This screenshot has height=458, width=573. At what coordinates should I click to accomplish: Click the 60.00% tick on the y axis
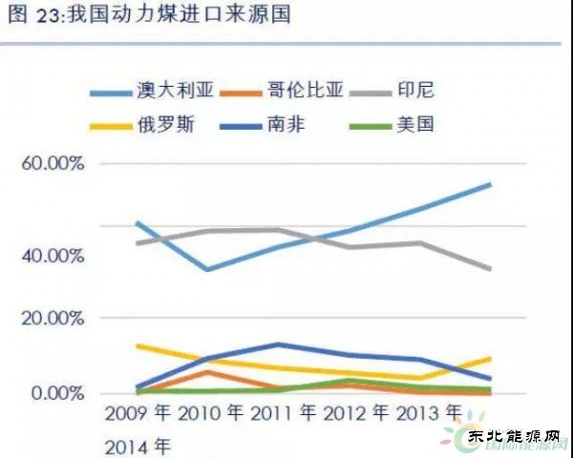coord(53,164)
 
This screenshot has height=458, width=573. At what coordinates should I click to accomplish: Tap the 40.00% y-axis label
coord(53,256)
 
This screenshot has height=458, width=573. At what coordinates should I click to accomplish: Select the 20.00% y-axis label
coord(53,318)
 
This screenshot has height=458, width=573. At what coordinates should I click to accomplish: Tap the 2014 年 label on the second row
coord(138,445)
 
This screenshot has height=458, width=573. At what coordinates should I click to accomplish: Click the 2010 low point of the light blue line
coord(207,269)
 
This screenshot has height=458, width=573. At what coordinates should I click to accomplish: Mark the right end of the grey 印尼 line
coord(491,269)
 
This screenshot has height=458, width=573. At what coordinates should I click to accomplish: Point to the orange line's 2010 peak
coord(207,371)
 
